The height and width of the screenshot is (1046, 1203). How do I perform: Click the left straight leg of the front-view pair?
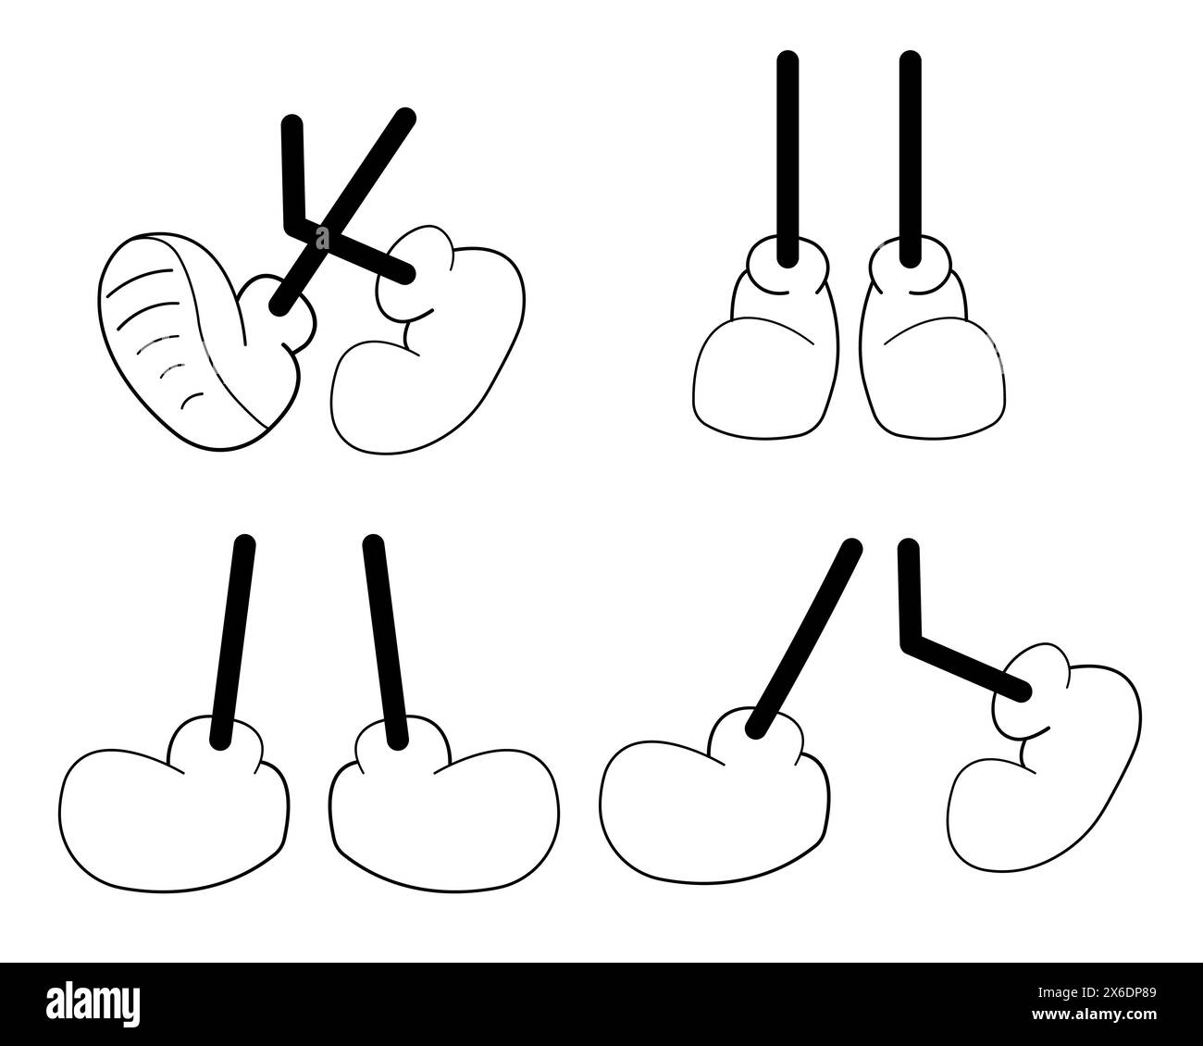788,157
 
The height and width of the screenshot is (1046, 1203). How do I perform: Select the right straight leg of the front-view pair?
911,157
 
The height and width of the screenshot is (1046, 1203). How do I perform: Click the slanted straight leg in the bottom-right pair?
800,639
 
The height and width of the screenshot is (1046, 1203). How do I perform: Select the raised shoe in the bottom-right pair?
1046,759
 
